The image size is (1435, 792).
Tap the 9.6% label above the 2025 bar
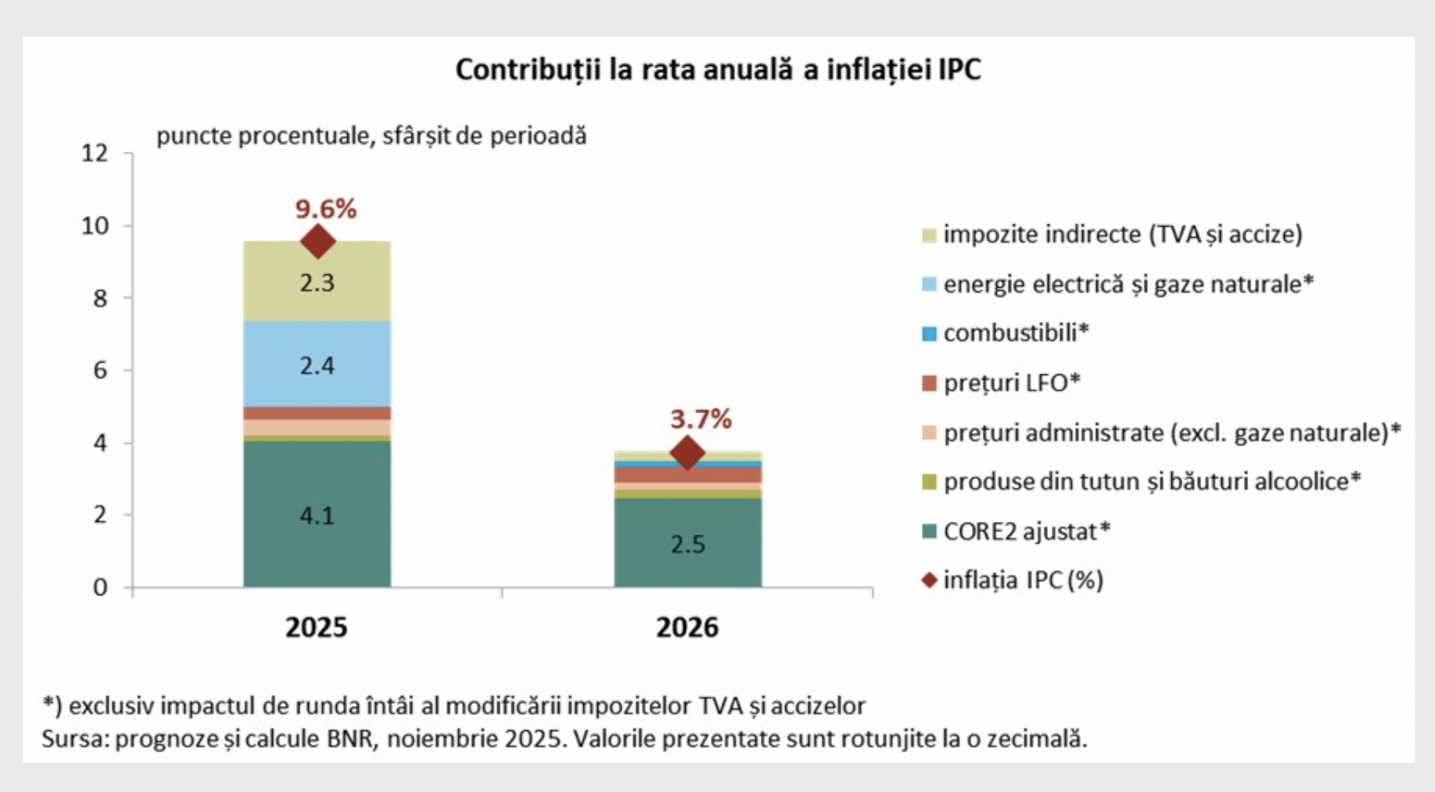325,208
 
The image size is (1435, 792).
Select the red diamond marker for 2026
687,453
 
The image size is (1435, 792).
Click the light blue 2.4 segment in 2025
317,365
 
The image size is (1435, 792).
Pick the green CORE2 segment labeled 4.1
317,515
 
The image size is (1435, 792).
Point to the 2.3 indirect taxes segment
317,283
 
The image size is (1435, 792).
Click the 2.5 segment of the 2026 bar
687,544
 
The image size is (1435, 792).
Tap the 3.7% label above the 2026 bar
701,419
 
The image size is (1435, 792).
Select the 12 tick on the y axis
94,153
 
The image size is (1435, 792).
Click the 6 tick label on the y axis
100,370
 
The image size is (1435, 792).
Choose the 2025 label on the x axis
316,627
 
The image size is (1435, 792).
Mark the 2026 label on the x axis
687,627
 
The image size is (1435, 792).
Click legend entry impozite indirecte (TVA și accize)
1122,234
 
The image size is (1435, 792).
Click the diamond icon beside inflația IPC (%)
929,579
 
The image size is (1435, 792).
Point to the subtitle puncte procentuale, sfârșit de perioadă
371,136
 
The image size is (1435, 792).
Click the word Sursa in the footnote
73,739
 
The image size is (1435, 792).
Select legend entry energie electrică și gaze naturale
1128,284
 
